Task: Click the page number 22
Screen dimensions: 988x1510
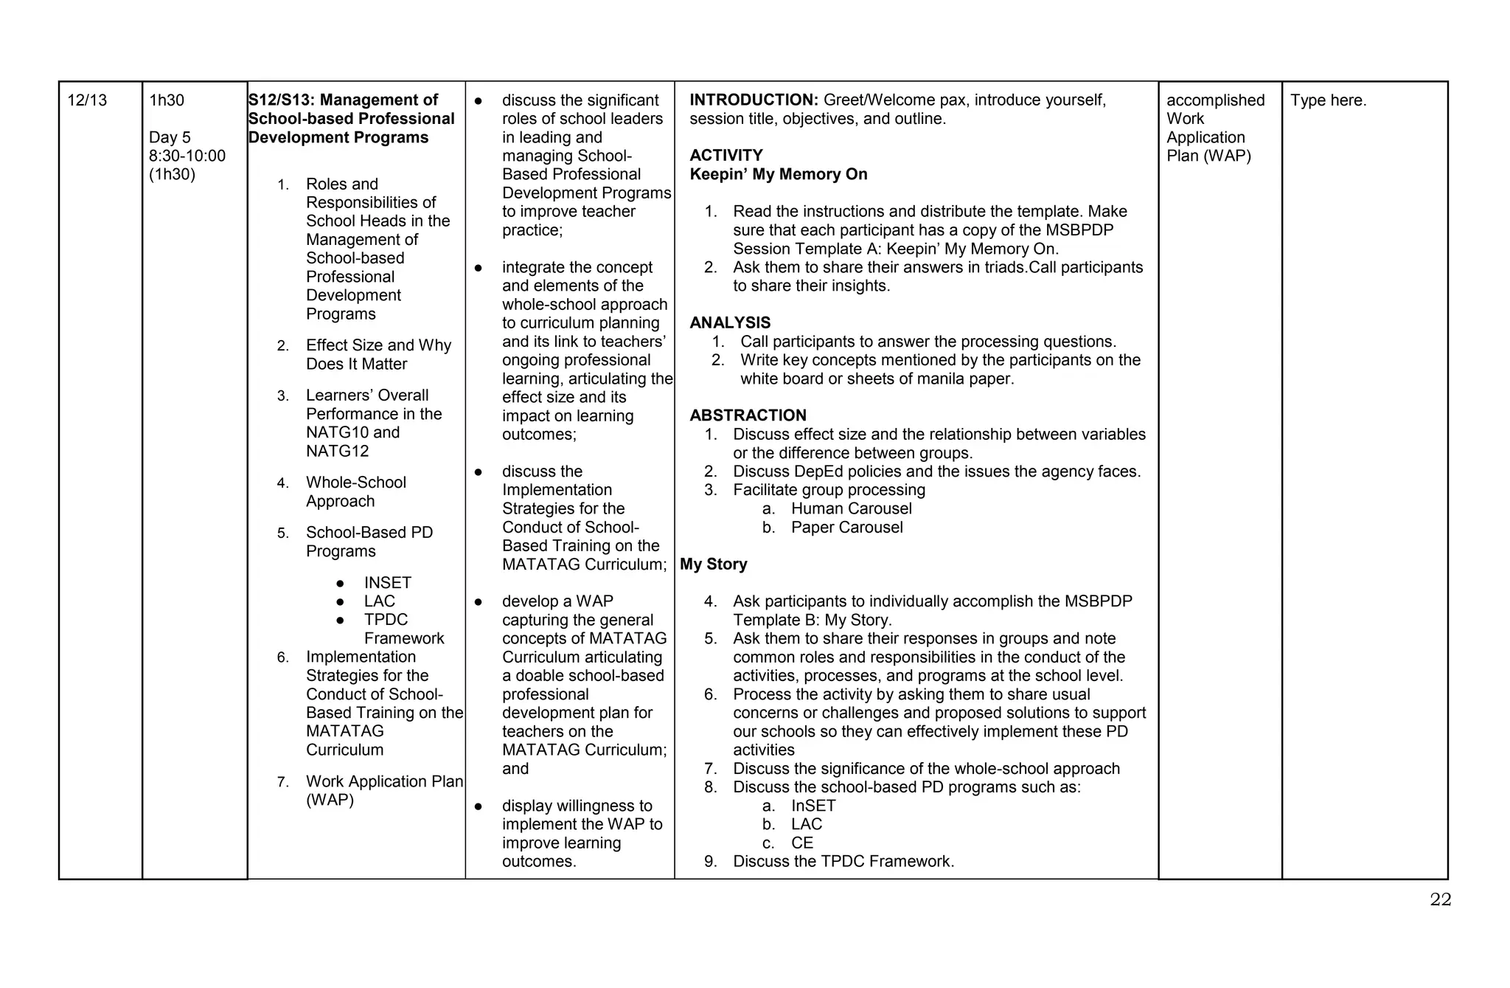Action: (1440, 899)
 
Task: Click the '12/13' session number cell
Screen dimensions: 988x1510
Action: (87, 100)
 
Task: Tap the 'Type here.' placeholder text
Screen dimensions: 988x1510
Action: (1328, 100)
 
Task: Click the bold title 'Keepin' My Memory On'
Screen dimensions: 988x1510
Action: (778, 175)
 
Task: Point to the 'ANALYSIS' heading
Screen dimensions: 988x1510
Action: (730, 323)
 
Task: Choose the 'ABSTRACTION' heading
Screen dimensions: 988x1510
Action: (748, 415)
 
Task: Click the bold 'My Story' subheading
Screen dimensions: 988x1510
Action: (713, 564)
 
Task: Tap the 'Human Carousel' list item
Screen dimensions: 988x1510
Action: (851, 508)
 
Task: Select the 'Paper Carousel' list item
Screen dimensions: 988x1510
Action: (846, 528)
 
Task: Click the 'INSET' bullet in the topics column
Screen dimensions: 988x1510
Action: (387, 583)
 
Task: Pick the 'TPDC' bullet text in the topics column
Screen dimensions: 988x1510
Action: (386, 620)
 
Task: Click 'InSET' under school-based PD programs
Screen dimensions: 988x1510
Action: (813, 806)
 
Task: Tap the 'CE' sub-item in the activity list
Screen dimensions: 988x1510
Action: (801, 843)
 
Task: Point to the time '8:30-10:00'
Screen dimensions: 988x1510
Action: (187, 156)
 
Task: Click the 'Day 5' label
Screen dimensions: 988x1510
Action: (170, 137)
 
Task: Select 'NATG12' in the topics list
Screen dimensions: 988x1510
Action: (337, 451)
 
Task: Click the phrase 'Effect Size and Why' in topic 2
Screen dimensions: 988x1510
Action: (378, 345)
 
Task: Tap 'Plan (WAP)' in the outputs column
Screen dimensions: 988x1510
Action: (1208, 156)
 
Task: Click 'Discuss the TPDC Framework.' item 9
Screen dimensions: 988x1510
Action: (843, 861)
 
